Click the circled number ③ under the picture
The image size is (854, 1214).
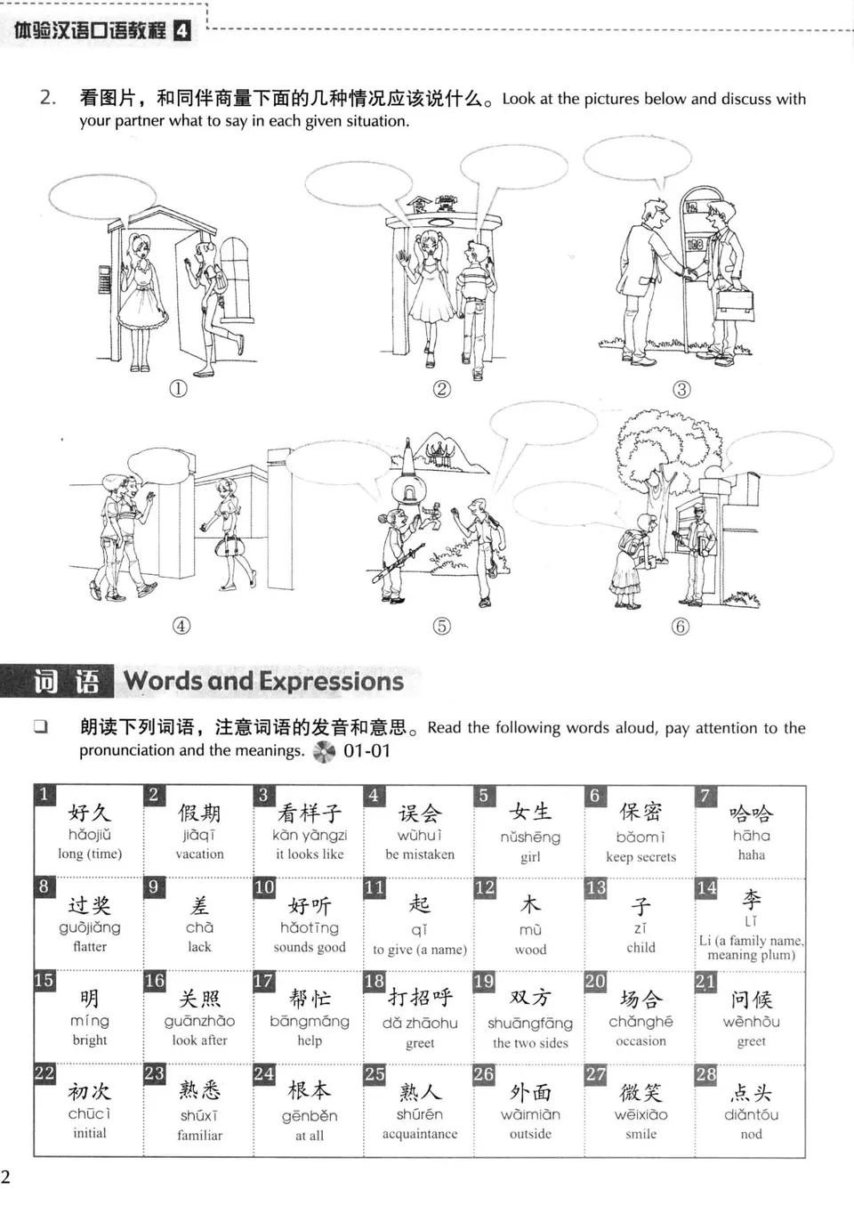[x=681, y=389]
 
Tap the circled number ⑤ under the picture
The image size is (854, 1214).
[x=441, y=626]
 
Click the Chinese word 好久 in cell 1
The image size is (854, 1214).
[x=90, y=813]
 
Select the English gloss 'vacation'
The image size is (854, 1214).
[x=199, y=854]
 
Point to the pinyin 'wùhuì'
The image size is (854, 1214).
[x=419, y=835]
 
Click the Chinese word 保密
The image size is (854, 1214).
[x=640, y=812]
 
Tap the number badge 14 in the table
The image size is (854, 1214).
[x=706, y=887]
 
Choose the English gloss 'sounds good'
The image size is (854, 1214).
[x=310, y=947]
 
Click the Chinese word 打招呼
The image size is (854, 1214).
[x=420, y=998]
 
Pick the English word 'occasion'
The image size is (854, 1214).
[x=640, y=1040]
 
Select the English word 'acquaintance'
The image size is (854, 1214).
[x=420, y=1134]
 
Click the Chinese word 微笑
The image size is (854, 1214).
[x=640, y=1092]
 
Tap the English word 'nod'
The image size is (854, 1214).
[x=751, y=1134]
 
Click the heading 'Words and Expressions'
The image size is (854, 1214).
[x=263, y=682]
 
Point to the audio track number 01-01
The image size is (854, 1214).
[x=367, y=750]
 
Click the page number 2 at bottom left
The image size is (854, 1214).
[x=6, y=1177]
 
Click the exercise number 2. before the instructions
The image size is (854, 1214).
[x=48, y=97]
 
